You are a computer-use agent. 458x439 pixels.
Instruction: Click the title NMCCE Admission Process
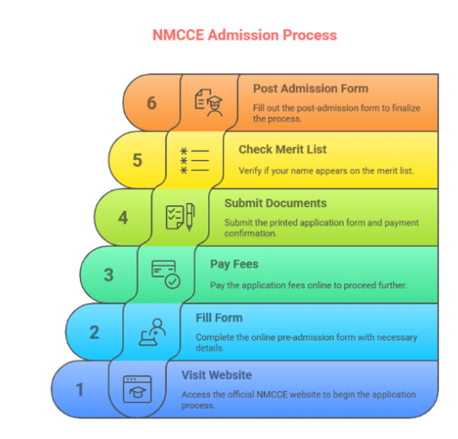click(244, 35)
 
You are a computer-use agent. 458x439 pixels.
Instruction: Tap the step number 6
click(152, 102)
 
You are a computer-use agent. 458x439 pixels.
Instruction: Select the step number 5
click(137, 160)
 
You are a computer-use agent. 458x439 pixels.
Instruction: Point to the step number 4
click(123, 218)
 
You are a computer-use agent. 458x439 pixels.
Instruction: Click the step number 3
click(108, 274)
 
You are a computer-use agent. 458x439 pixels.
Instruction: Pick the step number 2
click(94, 332)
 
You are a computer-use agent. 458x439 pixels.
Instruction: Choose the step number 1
click(79, 389)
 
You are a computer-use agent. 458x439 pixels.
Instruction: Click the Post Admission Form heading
click(311, 89)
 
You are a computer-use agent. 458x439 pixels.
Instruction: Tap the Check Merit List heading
click(282, 150)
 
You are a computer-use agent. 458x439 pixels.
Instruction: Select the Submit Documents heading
click(276, 203)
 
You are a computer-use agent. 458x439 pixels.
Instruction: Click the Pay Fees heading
click(234, 264)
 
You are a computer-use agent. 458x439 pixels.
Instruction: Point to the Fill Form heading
click(219, 318)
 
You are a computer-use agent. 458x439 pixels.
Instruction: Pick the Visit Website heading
click(216, 375)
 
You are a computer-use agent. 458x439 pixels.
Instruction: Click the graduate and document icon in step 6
click(208, 102)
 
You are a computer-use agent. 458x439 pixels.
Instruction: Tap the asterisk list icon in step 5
click(194, 160)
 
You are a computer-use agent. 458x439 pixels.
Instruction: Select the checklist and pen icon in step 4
click(180, 217)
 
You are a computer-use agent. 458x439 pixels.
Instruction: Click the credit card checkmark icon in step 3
click(166, 274)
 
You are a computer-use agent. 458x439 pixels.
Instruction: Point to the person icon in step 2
click(151, 332)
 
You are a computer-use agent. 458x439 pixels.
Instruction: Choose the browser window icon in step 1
click(137, 389)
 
